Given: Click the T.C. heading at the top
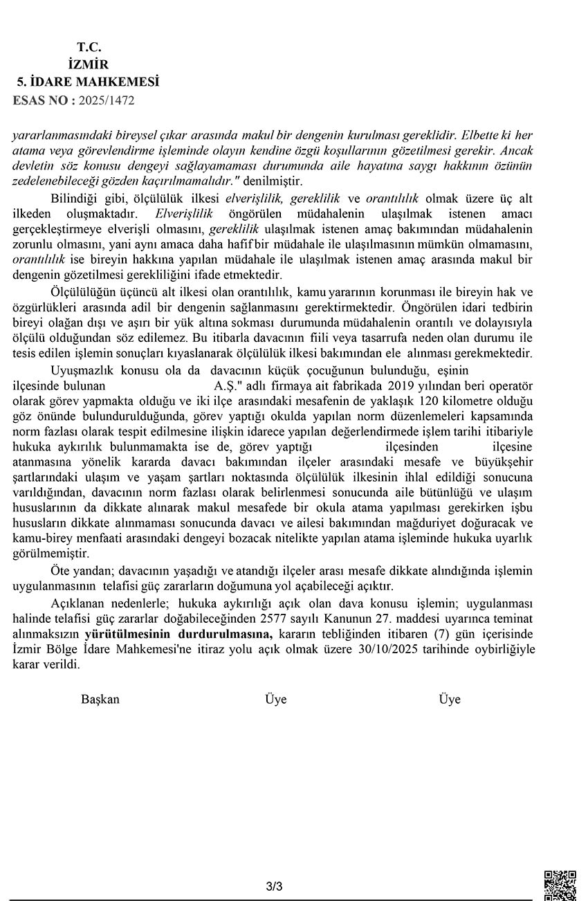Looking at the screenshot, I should click(x=89, y=47).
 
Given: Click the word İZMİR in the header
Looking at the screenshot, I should click(x=89, y=64).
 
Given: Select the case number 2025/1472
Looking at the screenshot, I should click(x=107, y=100).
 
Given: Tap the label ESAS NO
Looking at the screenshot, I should click(x=44, y=100).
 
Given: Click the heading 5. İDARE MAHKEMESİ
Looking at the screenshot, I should click(x=89, y=82).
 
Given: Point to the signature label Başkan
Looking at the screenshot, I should click(x=100, y=699).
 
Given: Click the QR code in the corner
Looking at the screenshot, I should click(x=560, y=884).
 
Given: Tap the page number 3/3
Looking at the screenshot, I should click(x=275, y=886).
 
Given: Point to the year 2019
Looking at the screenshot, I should click(x=404, y=385).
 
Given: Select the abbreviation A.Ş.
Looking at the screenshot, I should click(x=223, y=385).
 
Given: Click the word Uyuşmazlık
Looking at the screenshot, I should click(x=81, y=370).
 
